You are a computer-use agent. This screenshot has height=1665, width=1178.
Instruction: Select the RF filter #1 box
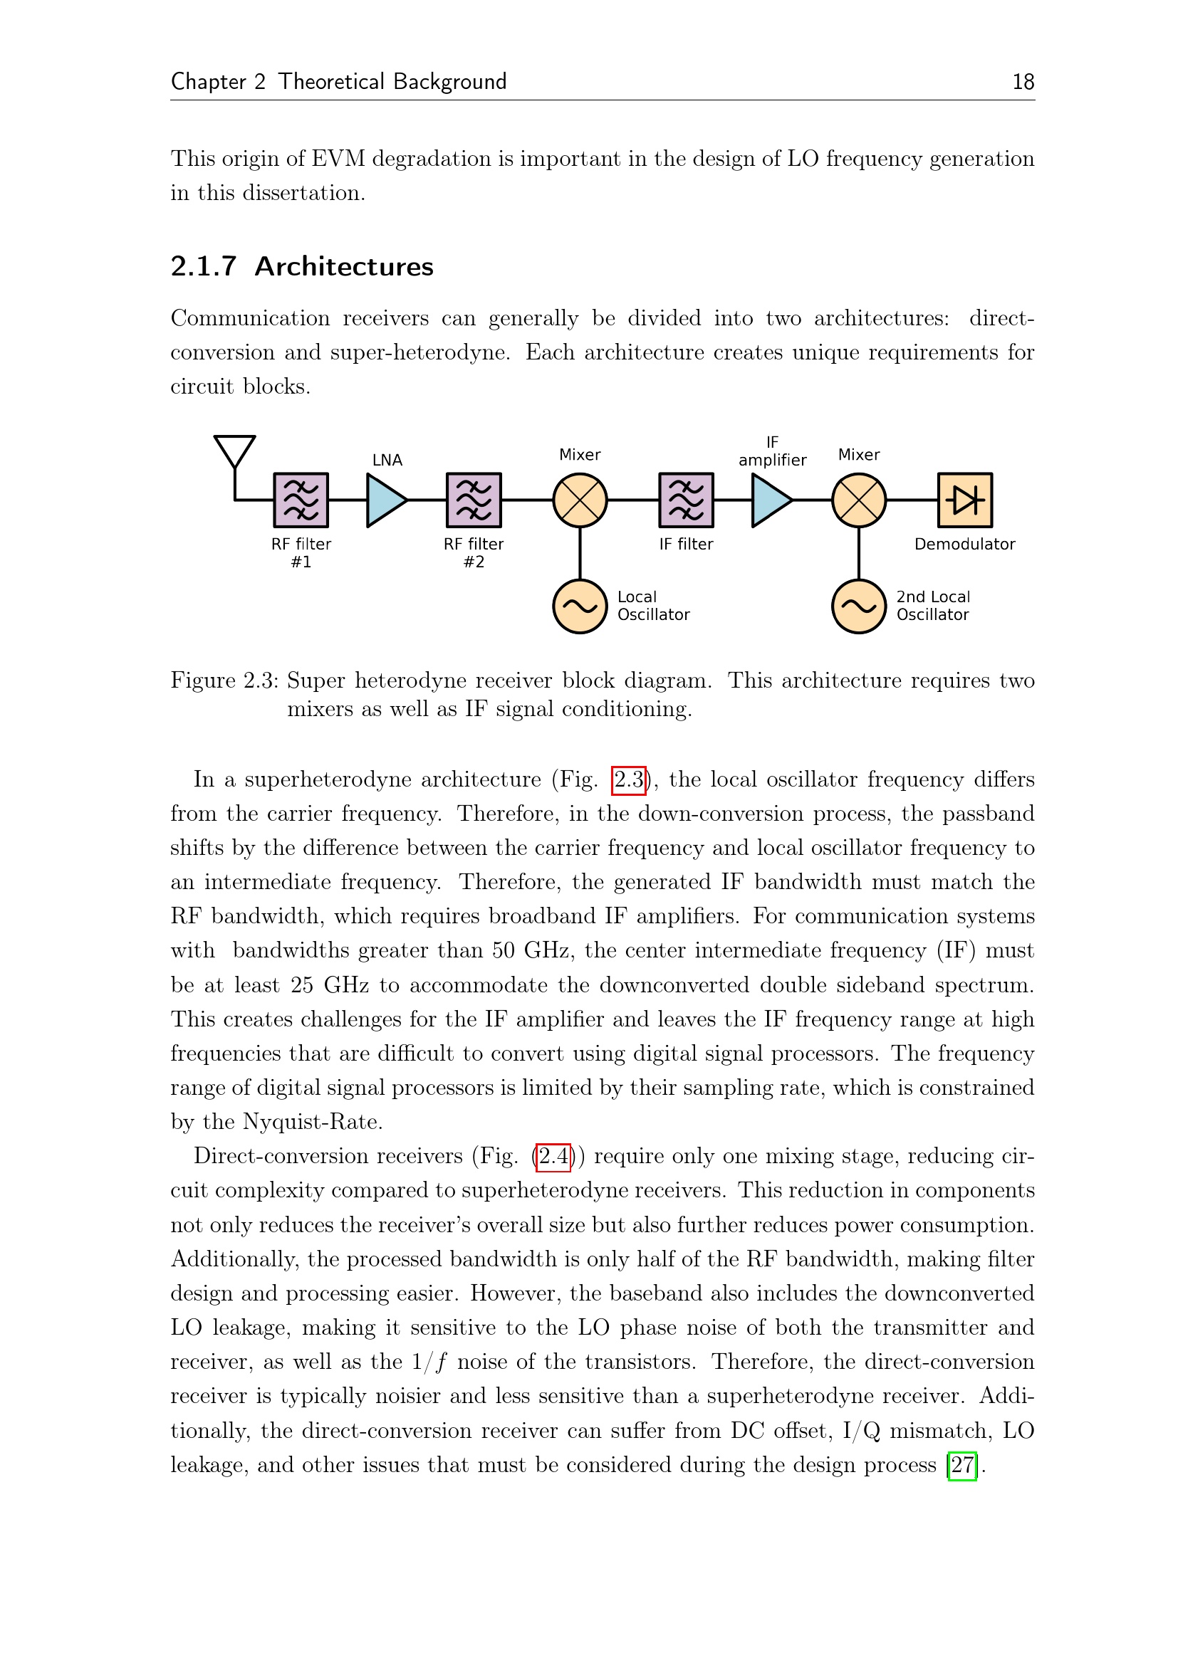tap(301, 500)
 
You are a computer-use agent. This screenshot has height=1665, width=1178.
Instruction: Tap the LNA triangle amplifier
tap(385, 500)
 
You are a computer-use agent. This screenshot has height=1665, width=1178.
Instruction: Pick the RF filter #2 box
tap(474, 500)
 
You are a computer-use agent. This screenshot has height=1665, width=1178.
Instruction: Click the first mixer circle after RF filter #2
tap(580, 500)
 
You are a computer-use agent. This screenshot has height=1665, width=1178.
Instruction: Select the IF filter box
tap(686, 500)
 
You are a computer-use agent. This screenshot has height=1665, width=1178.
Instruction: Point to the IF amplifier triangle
tap(771, 500)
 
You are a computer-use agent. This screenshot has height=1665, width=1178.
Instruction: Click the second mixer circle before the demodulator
tap(859, 500)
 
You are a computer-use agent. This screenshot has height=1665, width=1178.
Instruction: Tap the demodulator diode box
tap(965, 500)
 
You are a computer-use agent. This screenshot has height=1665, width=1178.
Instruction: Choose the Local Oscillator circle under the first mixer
tap(580, 606)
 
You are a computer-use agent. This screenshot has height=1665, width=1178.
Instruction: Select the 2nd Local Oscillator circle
tap(859, 606)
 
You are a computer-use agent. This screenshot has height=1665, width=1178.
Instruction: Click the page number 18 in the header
tap(1023, 82)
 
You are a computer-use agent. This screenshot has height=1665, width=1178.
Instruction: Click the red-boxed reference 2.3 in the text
tap(628, 780)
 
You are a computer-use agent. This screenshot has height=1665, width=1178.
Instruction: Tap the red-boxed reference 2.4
tap(553, 1156)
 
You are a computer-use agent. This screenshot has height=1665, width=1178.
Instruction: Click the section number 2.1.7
tap(204, 267)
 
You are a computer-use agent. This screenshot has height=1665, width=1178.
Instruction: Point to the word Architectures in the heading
tap(344, 267)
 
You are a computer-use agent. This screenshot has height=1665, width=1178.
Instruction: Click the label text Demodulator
tap(965, 544)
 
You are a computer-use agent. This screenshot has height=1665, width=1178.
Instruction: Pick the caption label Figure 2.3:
tap(225, 681)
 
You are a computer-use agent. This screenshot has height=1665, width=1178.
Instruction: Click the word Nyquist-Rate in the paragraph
tap(313, 1122)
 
